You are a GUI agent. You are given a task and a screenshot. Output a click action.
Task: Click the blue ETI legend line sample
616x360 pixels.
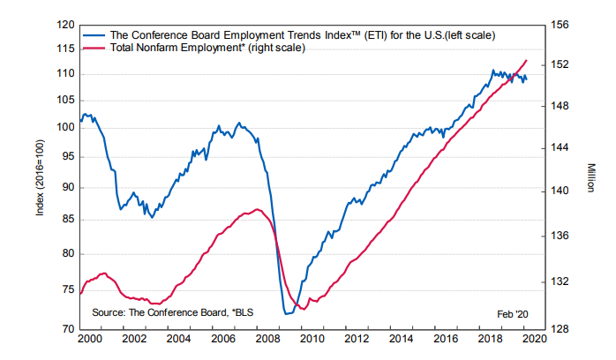pos(94,34)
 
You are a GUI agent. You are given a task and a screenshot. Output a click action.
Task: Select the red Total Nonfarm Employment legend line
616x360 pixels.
pos(94,48)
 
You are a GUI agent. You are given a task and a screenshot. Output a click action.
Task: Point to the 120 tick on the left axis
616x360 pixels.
pos(65,26)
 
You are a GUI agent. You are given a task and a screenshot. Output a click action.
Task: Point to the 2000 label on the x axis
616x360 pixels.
pos(88,339)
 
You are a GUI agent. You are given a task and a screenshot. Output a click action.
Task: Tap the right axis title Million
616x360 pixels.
pos(589,176)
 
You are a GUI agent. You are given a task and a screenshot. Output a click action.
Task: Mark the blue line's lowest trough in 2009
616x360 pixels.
pos(287,313)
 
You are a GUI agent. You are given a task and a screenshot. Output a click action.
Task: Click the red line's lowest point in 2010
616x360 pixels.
pos(303,309)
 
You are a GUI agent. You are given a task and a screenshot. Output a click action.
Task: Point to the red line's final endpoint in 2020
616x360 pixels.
pos(528,60)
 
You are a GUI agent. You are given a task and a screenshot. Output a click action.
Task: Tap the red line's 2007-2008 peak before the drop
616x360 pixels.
pos(257,209)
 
